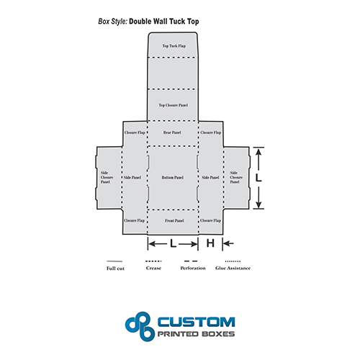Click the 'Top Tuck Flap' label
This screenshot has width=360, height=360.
point(174,46)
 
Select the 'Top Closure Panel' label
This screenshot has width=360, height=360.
point(174,105)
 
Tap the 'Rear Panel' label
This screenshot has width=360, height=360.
point(172,132)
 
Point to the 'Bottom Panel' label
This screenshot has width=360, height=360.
point(173,178)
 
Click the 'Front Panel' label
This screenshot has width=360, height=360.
point(174,220)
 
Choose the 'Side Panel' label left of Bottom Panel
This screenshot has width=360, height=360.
point(132,178)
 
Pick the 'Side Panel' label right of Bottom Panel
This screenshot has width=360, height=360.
point(210,178)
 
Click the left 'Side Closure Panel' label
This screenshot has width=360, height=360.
point(107,177)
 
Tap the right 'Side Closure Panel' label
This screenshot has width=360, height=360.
point(236,177)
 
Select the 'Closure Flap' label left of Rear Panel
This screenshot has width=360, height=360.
point(135,132)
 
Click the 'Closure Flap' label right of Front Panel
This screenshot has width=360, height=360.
point(210,220)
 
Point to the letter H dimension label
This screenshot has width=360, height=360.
point(210,243)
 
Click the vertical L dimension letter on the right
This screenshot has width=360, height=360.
point(258,178)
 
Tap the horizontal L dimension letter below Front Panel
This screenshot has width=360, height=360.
point(174,243)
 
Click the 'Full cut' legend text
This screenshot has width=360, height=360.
point(115,269)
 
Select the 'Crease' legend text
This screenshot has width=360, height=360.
point(153,268)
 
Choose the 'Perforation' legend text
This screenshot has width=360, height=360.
point(193,268)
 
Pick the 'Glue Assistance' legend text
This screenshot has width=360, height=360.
point(233,268)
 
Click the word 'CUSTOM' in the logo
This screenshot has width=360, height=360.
point(197,322)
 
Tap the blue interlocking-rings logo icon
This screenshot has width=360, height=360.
point(140,326)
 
